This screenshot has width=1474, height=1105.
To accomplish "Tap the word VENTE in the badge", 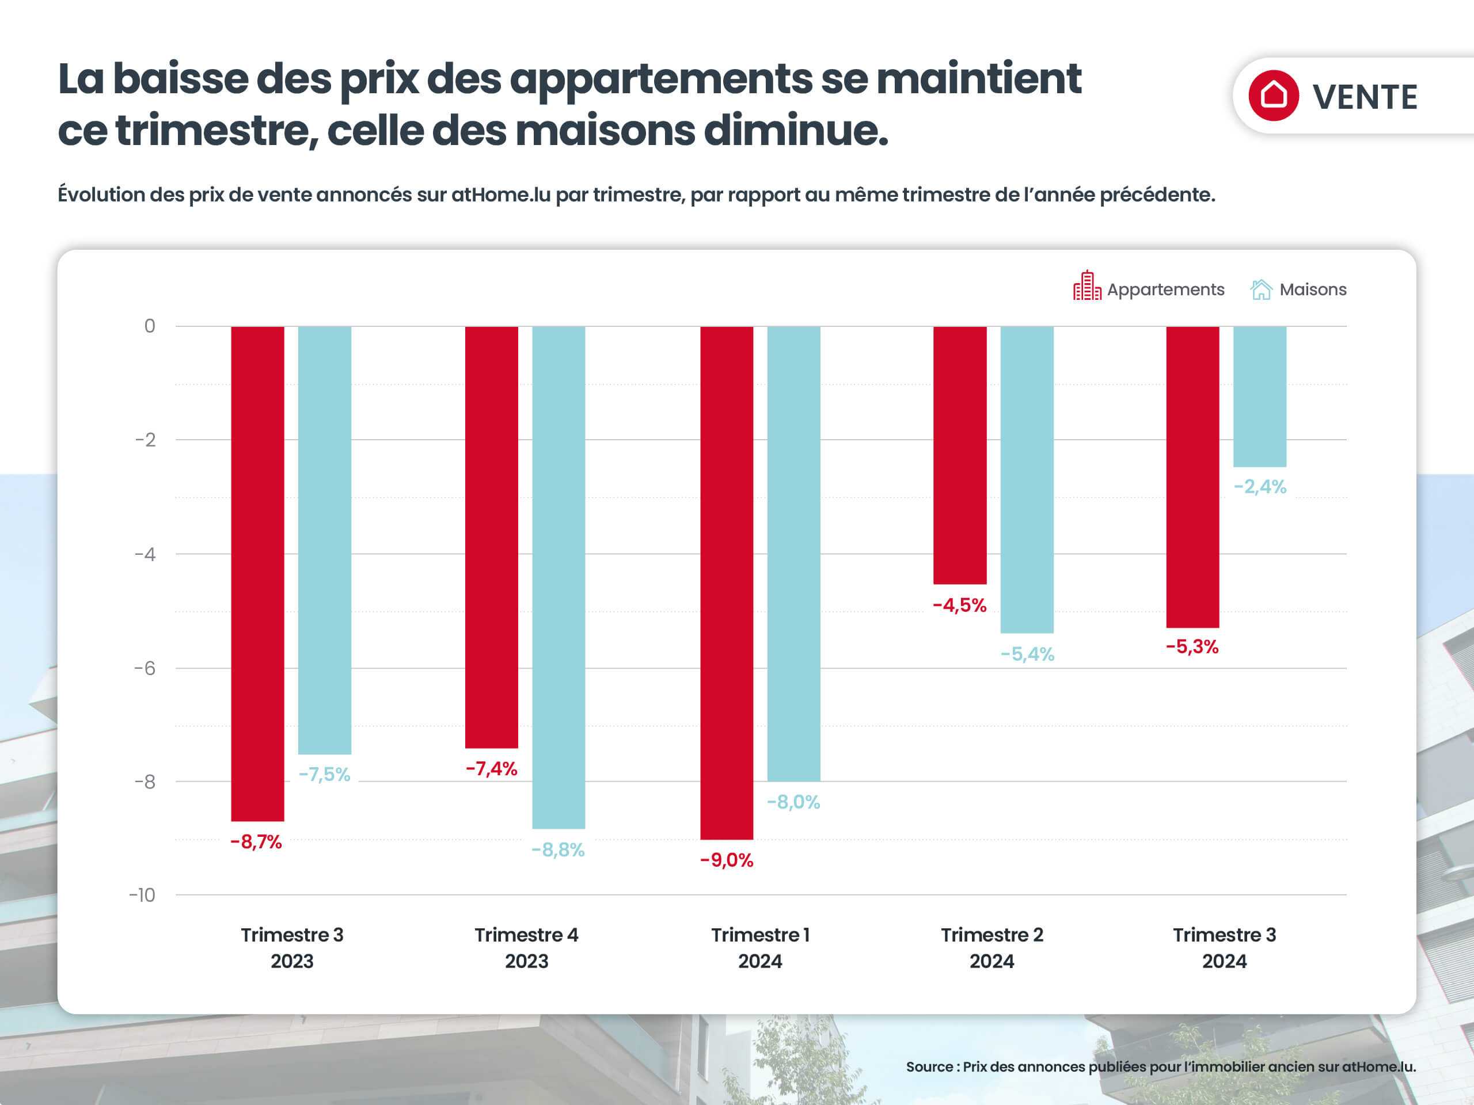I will click(x=1365, y=97).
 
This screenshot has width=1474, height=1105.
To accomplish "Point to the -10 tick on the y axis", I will click(x=142, y=894).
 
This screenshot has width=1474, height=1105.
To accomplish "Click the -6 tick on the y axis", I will click(x=145, y=668).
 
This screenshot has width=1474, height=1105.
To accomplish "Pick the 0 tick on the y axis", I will click(x=149, y=326).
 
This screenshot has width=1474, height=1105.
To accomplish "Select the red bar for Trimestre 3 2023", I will click(x=257, y=573).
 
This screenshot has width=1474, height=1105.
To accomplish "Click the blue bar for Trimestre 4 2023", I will click(x=559, y=577).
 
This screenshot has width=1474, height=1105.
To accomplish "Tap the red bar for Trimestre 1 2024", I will click(x=726, y=582).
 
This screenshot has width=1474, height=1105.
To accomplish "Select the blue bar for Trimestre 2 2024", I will click(x=1027, y=479).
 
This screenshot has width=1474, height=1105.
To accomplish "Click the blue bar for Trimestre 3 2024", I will click(x=1259, y=397).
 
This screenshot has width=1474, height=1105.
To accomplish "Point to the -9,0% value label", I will click(x=726, y=860).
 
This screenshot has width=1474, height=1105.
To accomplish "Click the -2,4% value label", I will click(x=1259, y=487).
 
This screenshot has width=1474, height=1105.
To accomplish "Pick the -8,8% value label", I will click(x=558, y=850).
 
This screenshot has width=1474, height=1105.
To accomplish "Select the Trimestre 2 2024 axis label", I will click(x=991, y=948).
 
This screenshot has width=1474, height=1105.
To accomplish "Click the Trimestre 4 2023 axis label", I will click(x=526, y=948).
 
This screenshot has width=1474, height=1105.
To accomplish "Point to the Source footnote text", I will click(x=1160, y=1066).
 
